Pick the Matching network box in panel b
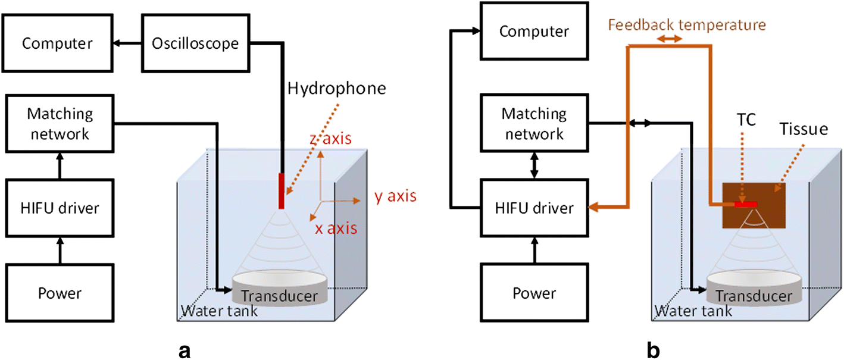533,124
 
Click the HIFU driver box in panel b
533,208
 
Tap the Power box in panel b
533,293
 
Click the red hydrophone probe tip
282,191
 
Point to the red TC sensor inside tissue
745,205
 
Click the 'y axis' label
395,196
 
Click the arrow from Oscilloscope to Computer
127,43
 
